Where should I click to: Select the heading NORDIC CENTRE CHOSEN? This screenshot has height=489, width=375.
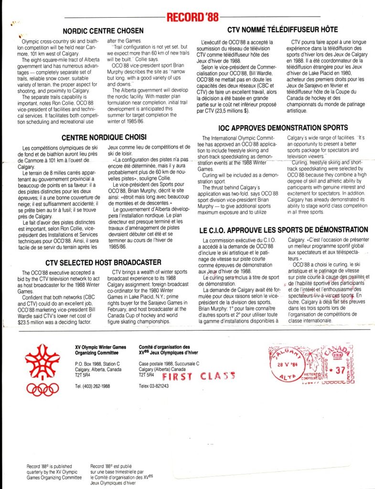pyautogui.click(x=103, y=31)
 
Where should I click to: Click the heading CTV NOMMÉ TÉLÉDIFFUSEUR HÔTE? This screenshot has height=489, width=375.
pyautogui.click(x=282, y=30)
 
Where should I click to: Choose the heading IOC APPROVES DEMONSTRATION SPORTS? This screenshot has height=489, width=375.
pyautogui.click(x=284, y=128)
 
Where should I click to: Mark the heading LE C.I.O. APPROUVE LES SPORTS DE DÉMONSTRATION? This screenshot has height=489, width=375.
pyautogui.click(x=284, y=230)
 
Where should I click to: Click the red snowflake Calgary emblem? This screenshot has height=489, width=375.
pyautogui.click(x=43, y=361)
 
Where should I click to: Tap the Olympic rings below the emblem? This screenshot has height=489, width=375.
pyautogui.click(x=43, y=388)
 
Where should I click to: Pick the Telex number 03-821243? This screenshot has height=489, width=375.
pyautogui.click(x=155, y=386)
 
